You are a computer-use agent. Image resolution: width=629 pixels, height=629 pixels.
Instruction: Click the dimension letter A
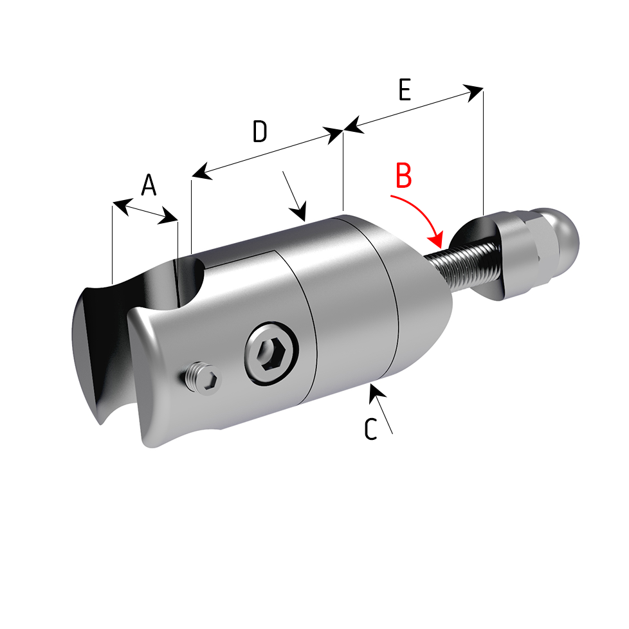[149, 185]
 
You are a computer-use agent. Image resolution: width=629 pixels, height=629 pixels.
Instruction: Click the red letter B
[403, 176]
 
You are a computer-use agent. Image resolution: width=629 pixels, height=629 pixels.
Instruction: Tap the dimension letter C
[370, 429]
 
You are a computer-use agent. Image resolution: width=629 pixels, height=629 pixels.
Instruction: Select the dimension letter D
[260, 131]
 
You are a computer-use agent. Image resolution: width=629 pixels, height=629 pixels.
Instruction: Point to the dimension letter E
[405, 89]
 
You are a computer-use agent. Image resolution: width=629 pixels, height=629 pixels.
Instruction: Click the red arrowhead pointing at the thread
[436, 240]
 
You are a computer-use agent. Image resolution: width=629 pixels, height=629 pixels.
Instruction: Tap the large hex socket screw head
[271, 354]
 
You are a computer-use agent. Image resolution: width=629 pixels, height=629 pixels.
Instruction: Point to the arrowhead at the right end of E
[473, 93]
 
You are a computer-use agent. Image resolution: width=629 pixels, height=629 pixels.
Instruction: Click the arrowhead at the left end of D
[202, 172]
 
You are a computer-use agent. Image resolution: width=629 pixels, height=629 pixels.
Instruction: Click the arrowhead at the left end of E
[354, 125]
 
